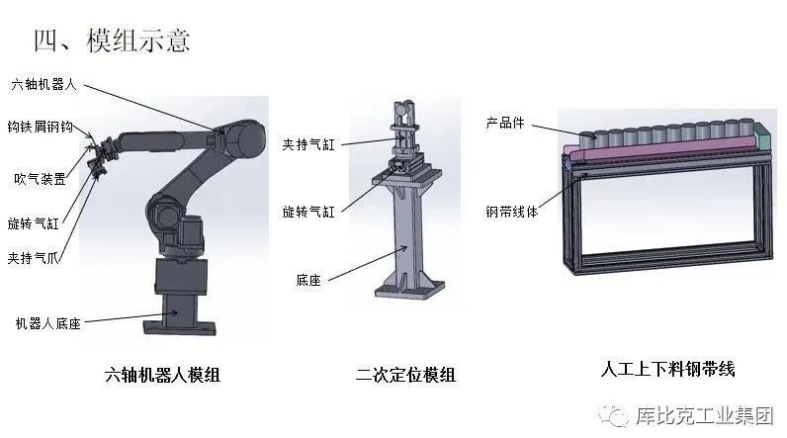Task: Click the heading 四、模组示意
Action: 112,41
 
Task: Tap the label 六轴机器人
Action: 44,84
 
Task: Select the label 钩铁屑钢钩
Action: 41,127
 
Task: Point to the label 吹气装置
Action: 41,179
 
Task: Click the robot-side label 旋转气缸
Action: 34,223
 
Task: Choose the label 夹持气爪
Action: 34,258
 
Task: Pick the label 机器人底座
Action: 48,323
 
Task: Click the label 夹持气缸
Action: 308,144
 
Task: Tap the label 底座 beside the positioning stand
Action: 308,280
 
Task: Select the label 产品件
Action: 505,123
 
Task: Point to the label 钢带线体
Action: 511,212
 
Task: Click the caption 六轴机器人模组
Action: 162,375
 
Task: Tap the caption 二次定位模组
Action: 405,375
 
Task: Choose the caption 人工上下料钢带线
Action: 668,369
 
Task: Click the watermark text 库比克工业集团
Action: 705,415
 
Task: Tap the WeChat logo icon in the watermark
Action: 613,415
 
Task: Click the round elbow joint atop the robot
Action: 244,138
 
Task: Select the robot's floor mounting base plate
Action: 180,327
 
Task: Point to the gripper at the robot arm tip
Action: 99,156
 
